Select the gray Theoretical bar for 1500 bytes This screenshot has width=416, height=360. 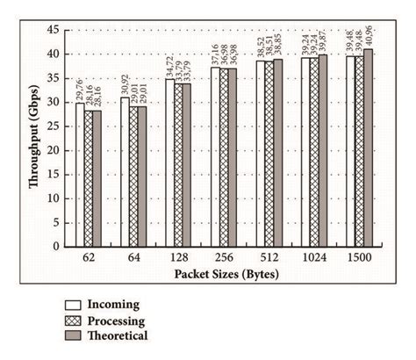tap(369, 148)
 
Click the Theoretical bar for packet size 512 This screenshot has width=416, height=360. tap(278, 154)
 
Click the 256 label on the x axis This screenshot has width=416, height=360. tap(225, 261)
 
